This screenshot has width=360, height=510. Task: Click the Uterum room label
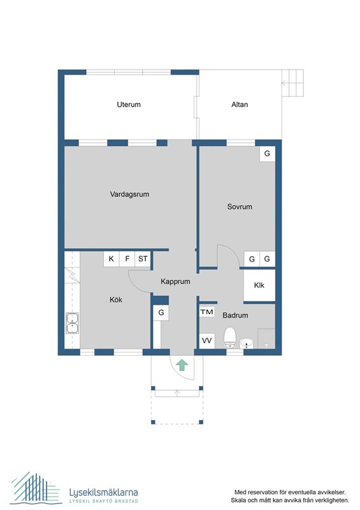(129, 105)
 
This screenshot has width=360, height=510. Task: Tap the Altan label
(240, 105)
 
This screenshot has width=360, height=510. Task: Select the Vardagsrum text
(129, 194)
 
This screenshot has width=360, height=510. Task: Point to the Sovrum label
(240, 207)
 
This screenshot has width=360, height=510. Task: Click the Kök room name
(115, 299)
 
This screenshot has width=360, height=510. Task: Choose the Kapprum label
(175, 280)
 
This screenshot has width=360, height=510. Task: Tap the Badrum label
(235, 315)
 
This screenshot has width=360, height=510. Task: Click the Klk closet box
(259, 286)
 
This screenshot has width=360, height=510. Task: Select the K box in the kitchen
(112, 259)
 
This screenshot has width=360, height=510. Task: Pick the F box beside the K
(127, 259)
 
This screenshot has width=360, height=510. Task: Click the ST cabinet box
(143, 259)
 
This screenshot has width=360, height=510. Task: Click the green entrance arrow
(182, 365)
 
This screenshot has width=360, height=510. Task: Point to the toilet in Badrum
(230, 338)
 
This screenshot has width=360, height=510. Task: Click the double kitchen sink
(72, 324)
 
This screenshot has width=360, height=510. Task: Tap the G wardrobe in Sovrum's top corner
(267, 154)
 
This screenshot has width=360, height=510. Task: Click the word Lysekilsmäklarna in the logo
(103, 492)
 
